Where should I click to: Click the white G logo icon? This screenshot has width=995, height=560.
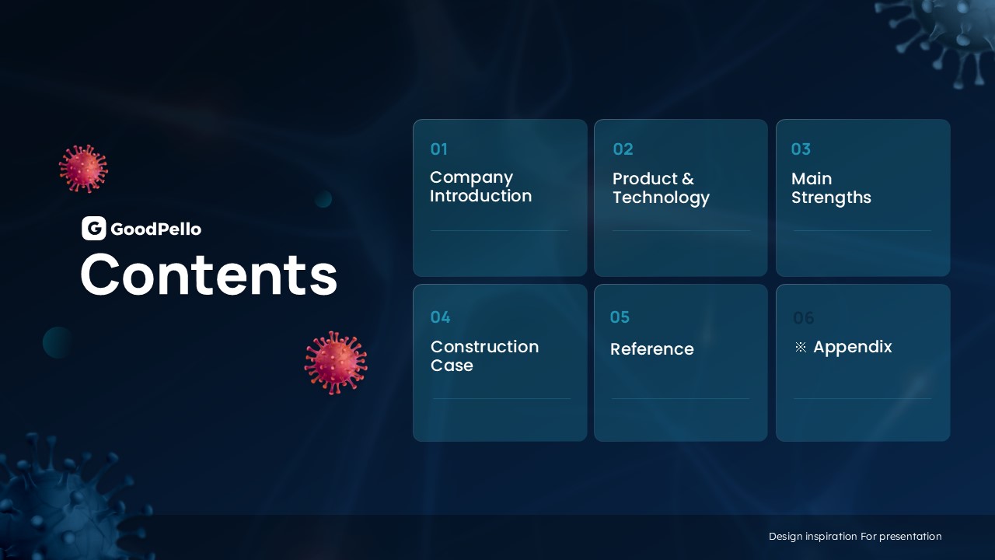(x=94, y=229)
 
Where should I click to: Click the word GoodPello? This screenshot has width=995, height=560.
(x=156, y=229)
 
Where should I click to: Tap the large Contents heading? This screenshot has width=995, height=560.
(x=209, y=275)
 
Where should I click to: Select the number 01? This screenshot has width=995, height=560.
(x=439, y=149)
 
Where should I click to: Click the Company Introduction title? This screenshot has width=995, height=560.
(x=480, y=187)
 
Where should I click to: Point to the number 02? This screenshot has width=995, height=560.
(x=623, y=149)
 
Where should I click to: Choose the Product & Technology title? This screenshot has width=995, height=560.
(x=661, y=188)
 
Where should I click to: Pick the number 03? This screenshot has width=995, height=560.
(x=801, y=149)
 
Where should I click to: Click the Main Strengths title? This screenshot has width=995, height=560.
(x=831, y=188)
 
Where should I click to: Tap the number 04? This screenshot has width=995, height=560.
(x=440, y=317)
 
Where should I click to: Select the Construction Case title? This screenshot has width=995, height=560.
(x=484, y=356)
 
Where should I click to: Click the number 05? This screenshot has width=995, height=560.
(x=620, y=317)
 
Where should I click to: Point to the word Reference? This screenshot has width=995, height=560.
(x=652, y=349)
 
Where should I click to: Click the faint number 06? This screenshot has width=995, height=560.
(x=804, y=318)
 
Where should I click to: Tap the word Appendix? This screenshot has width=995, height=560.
(x=853, y=348)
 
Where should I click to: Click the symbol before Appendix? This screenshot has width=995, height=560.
(x=801, y=347)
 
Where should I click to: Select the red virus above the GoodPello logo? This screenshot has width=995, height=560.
(x=83, y=169)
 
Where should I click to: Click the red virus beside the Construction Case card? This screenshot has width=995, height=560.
(x=336, y=363)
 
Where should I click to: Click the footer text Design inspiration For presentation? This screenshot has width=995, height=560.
(x=855, y=537)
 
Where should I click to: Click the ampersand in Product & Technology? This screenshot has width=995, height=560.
(x=688, y=179)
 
